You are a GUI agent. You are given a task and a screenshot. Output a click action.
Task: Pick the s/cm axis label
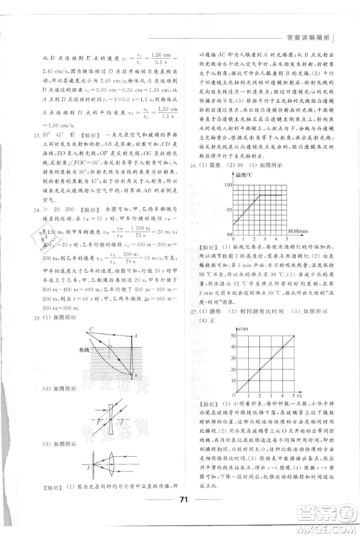[242, 328]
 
